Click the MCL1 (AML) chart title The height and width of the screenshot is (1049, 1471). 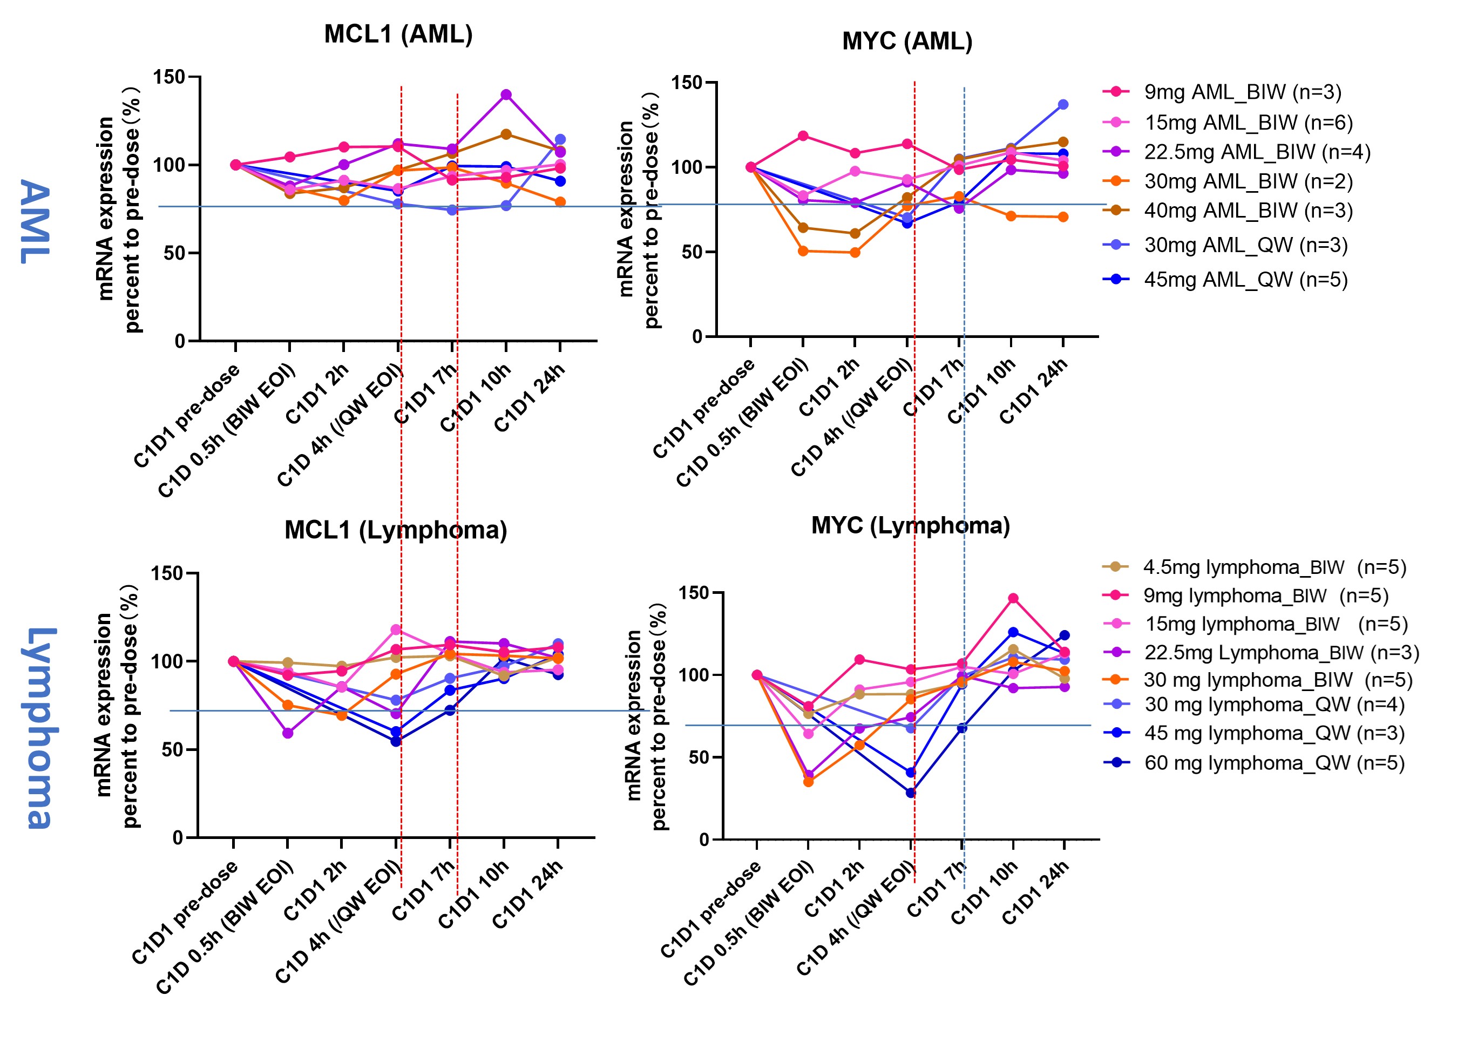[x=398, y=34]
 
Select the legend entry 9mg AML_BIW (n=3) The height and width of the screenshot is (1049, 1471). [x=1243, y=92]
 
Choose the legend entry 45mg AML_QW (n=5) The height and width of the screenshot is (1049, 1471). [x=1246, y=280]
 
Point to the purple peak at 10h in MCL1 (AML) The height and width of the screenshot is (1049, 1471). [x=506, y=95]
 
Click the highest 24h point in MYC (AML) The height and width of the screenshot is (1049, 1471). [x=1063, y=105]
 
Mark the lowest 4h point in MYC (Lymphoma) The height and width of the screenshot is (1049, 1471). [x=911, y=793]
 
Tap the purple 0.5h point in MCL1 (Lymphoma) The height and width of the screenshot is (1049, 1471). [x=288, y=733]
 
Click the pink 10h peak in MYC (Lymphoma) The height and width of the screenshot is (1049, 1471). [x=1013, y=598]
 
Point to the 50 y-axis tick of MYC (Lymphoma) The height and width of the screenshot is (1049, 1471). [x=698, y=757]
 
